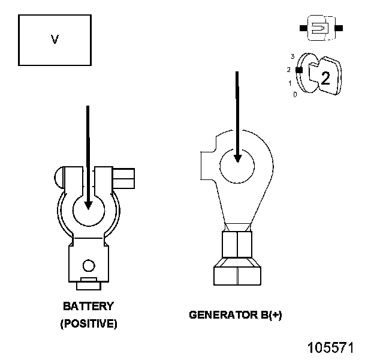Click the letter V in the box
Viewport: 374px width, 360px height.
pos(55,40)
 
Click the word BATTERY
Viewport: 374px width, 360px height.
pos(88,306)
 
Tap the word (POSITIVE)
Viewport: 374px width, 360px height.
pos(89,324)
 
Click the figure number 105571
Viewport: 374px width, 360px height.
pos(331,348)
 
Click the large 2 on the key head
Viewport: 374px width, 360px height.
pos(325,77)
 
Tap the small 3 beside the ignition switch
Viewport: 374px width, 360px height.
pos(292,56)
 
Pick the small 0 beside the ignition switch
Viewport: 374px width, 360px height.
pos(294,94)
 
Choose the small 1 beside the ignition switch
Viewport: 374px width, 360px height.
pos(290,83)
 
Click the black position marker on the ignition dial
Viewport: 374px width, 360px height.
pos(299,70)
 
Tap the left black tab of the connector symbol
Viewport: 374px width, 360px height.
pos(303,28)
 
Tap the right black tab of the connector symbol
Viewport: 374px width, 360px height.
pos(339,28)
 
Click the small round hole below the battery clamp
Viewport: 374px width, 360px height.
pos(89,265)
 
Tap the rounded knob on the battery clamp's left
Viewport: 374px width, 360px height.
pos(58,178)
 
